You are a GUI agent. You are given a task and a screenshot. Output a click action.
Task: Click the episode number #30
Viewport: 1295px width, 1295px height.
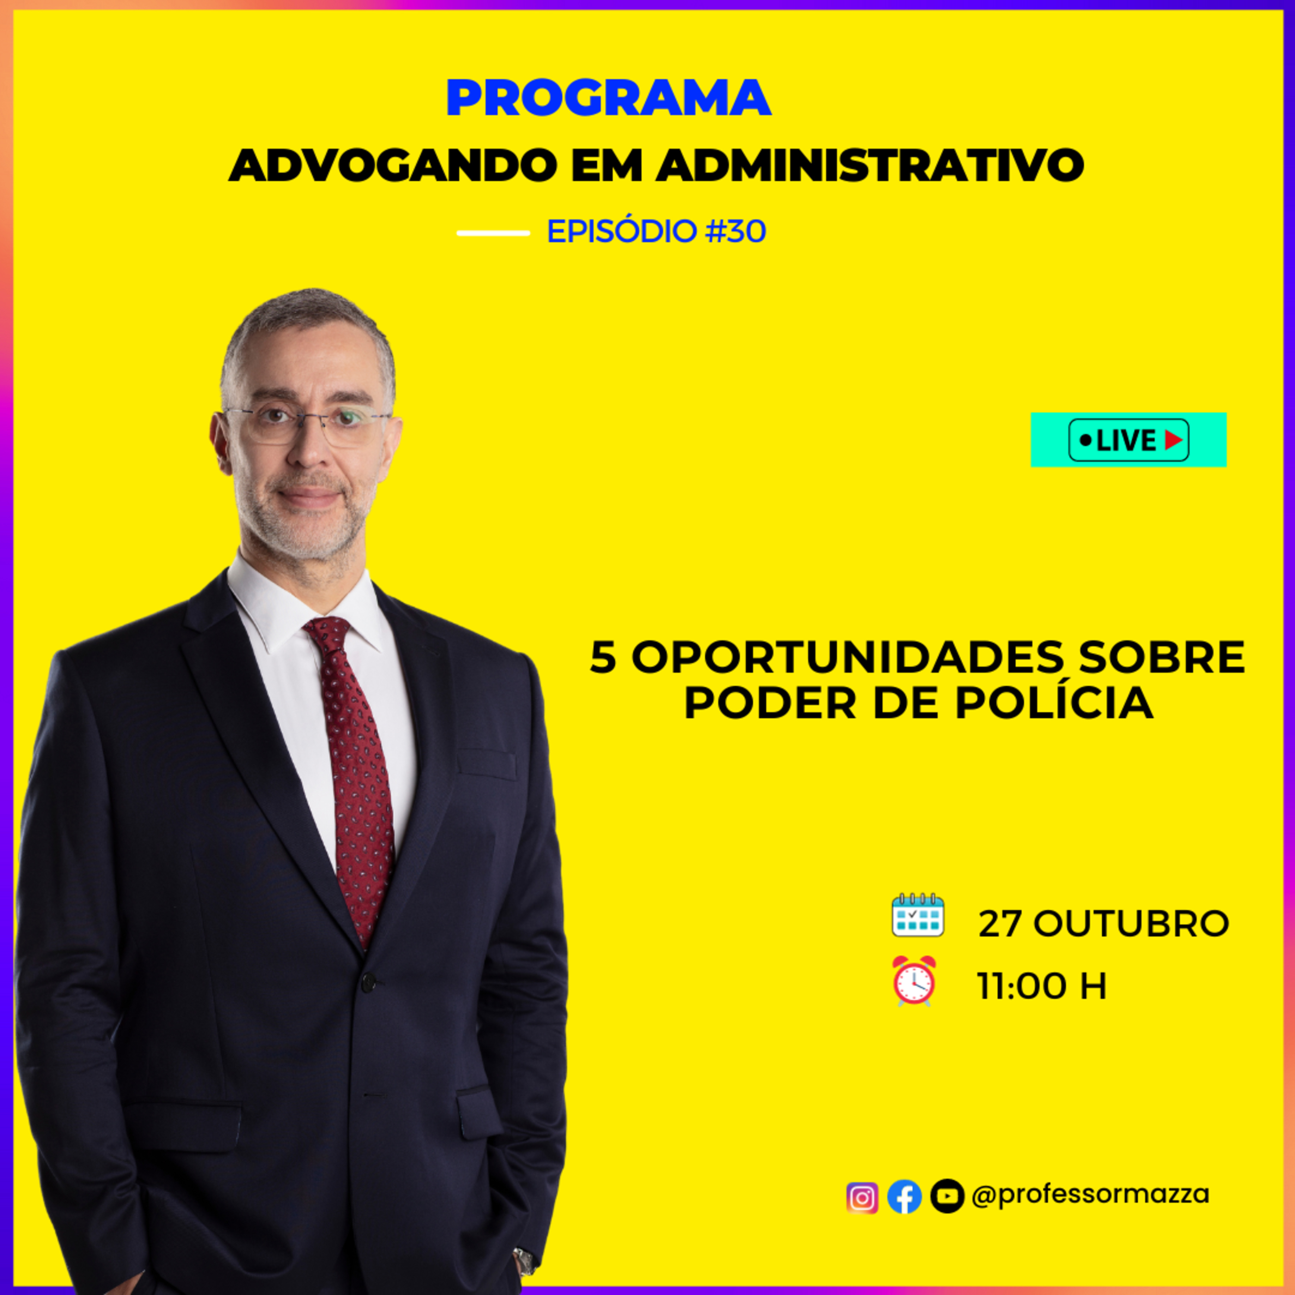point(736,231)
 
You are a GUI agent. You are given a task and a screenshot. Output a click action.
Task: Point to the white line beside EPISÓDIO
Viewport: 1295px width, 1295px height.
point(493,233)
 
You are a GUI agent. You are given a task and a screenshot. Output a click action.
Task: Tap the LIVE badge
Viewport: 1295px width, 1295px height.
point(1129,440)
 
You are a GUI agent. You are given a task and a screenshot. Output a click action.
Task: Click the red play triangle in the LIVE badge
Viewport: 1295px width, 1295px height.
point(1174,440)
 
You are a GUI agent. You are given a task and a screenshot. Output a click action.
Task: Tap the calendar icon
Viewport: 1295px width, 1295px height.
point(918,915)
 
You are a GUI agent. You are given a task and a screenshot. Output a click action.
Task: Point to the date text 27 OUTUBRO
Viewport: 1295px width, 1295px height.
point(1103,924)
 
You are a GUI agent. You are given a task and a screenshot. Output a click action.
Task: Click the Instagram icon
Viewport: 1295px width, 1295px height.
point(862,1198)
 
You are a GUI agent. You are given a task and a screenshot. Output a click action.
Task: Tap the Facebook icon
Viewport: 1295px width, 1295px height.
point(904,1197)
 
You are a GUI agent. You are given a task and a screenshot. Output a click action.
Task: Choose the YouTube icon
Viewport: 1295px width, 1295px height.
point(947,1197)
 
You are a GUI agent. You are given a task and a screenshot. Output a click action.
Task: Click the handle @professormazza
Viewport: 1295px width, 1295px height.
point(1090,1194)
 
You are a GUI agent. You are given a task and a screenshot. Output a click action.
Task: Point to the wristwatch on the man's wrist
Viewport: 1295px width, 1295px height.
point(524,1261)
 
